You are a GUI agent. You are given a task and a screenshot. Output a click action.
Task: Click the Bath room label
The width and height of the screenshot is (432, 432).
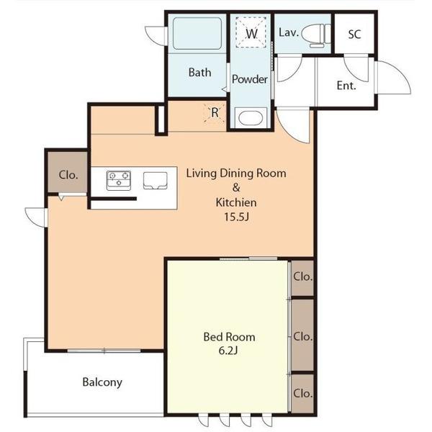tap(199, 73)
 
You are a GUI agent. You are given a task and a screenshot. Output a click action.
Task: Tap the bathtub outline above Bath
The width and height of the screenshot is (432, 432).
tap(197, 34)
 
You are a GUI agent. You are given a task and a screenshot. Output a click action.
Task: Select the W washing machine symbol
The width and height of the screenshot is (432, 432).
tap(251, 32)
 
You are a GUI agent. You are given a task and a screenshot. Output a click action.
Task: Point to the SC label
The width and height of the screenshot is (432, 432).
tap(354, 35)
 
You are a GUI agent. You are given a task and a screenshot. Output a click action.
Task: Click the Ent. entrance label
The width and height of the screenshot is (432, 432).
tap(346, 86)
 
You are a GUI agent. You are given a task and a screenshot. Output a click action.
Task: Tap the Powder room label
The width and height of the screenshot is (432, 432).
tap(250, 79)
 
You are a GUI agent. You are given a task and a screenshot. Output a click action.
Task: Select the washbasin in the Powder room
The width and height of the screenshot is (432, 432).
tap(251, 118)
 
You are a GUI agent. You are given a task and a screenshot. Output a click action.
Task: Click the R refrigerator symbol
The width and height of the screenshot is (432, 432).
tap(215, 112)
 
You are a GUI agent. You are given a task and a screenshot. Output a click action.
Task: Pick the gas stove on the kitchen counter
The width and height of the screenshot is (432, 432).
tap(119, 181)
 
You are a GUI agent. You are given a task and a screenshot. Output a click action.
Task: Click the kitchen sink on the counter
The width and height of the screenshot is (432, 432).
tap(156, 181)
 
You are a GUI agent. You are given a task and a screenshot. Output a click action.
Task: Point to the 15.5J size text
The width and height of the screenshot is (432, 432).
tap(236, 217)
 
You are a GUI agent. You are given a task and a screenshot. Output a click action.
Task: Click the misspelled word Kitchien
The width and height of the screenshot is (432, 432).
tap(236, 202)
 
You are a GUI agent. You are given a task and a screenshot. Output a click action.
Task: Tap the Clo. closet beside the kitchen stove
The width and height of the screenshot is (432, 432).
tap(68, 175)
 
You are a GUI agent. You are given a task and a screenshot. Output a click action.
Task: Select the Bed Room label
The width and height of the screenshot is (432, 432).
tap(229, 337)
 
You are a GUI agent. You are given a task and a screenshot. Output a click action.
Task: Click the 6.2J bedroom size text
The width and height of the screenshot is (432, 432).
tap(228, 351)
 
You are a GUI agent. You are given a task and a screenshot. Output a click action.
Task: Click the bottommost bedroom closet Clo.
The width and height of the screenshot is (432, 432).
tap(303, 393)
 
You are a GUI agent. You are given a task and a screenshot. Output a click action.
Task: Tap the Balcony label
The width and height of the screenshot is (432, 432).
tap(102, 382)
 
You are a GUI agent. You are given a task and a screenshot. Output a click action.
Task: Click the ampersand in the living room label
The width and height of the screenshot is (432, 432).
tap(236, 188)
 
